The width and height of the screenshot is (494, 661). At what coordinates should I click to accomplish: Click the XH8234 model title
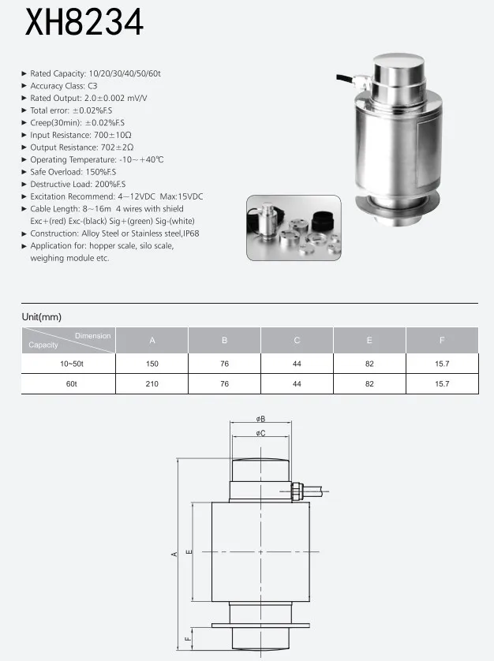(84, 23)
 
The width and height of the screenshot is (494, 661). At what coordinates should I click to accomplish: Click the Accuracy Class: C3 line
(63, 85)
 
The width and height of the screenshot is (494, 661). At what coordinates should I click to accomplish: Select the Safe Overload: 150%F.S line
(73, 171)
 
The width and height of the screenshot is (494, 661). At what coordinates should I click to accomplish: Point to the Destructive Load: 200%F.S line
(77, 184)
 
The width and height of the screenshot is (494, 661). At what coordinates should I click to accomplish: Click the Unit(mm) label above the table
(41, 316)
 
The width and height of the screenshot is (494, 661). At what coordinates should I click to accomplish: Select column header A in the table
(152, 341)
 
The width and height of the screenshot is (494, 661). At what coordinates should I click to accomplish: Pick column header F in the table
(442, 341)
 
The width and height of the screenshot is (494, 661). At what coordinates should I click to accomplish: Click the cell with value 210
(152, 384)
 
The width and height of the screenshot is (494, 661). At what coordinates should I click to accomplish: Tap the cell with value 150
(152, 364)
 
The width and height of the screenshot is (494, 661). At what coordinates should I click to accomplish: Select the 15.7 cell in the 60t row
(442, 384)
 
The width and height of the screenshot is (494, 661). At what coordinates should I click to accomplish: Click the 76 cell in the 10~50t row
(225, 364)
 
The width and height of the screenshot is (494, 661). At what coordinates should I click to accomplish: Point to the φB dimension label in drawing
(260, 419)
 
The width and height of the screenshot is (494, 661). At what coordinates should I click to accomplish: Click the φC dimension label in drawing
(260, 433)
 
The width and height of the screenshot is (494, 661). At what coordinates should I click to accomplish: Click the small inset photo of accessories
(293, 228)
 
